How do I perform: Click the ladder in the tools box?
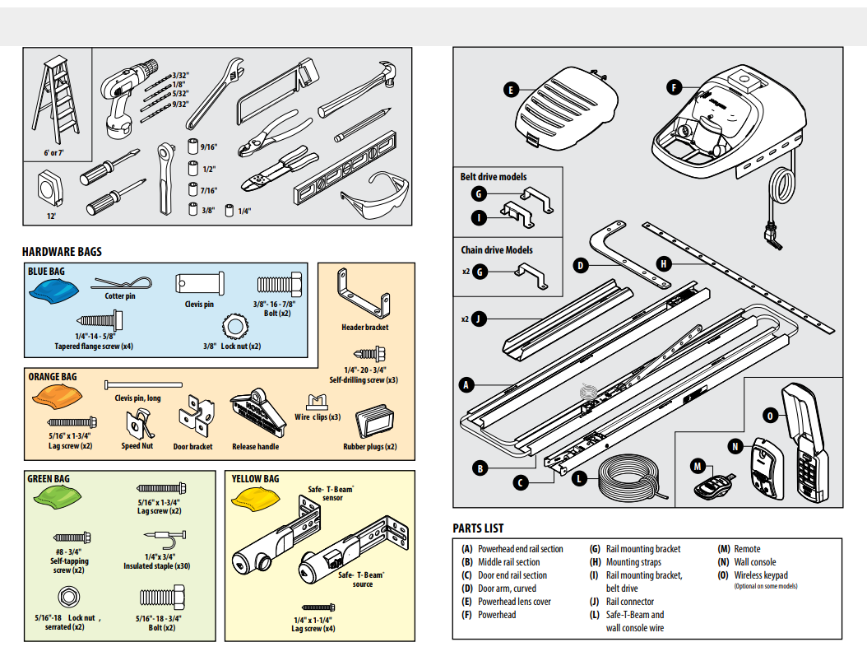coord(56,103)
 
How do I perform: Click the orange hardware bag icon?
coord(53,399)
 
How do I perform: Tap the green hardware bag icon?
coord(55,496)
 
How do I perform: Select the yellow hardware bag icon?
coord(256,497)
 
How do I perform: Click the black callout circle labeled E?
coord(511,89)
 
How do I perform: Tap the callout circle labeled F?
coord(674,86)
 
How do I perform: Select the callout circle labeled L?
coord(580,477)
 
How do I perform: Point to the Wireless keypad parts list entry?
coord(760,575)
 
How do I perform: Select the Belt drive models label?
coord(493,176)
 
